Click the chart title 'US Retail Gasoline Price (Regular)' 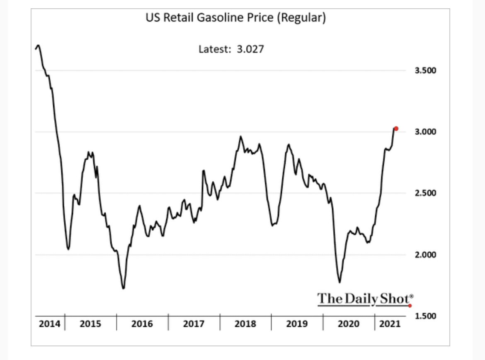[235, 19]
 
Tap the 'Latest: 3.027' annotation [231, 49]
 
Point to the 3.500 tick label [425, 71]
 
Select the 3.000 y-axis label [425, 132]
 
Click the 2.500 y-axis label [425, 193]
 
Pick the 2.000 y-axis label [425, 255]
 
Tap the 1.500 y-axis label [425, 316]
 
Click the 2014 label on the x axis [49, 324]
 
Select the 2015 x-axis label [90, 324]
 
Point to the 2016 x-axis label [142, 324]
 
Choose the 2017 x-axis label [194, 324]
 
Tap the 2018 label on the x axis [245, 324]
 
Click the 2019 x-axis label [297, 324]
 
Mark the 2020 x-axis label [348, 324]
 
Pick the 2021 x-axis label [390, 324]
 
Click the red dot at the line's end [396, 129]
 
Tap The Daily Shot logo [365, 299]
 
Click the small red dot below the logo [410, 306]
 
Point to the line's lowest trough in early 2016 [124, 288]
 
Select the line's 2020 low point [340, 282]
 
